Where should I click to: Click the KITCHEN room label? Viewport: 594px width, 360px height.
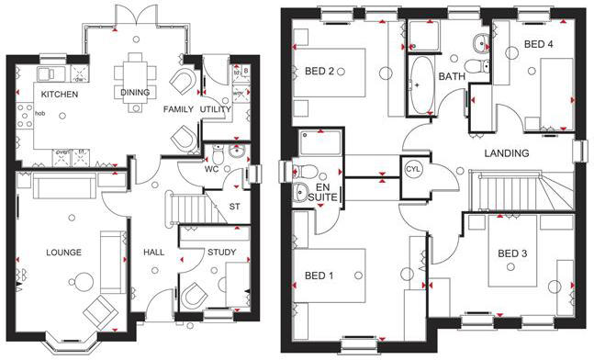coord(58,95)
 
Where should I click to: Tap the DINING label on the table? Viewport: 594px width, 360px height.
coord(135,92)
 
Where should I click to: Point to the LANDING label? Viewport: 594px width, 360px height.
coord(508,153)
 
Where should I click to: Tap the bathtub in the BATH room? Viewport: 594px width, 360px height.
coord(422,84)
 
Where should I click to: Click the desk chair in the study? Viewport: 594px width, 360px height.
coord(195,296)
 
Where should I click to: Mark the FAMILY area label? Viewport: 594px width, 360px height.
coord(178,109)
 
